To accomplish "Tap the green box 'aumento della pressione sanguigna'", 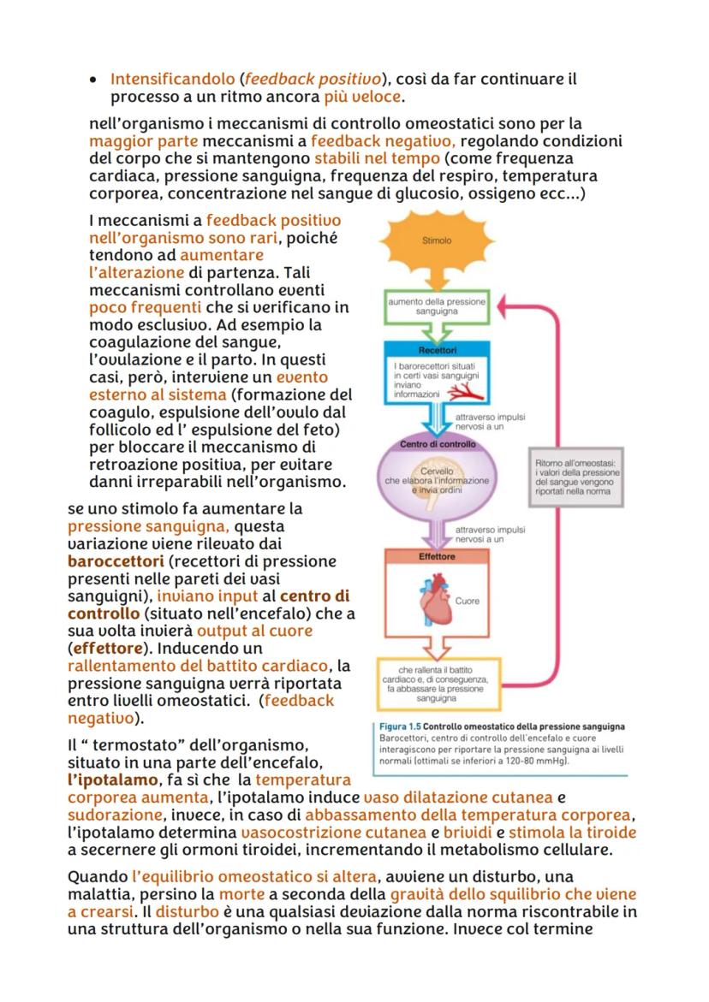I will click(x=437, y=308).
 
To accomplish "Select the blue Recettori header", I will click(x=437, y=350).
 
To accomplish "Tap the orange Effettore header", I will click(x=437, y=556).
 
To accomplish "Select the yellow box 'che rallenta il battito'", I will click(x=437, y=681).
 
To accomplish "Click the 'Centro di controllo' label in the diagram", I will click(x=437, y=445).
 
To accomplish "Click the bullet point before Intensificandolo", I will click(x=92, y=80).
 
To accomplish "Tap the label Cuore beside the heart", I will click(x=468, y=601).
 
